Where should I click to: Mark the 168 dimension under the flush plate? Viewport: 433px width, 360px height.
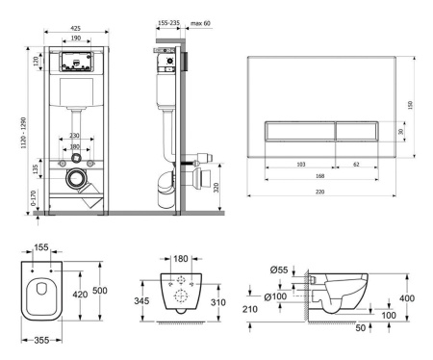[x=302, y=176]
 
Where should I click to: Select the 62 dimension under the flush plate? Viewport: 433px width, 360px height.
[x=356, y=164]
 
